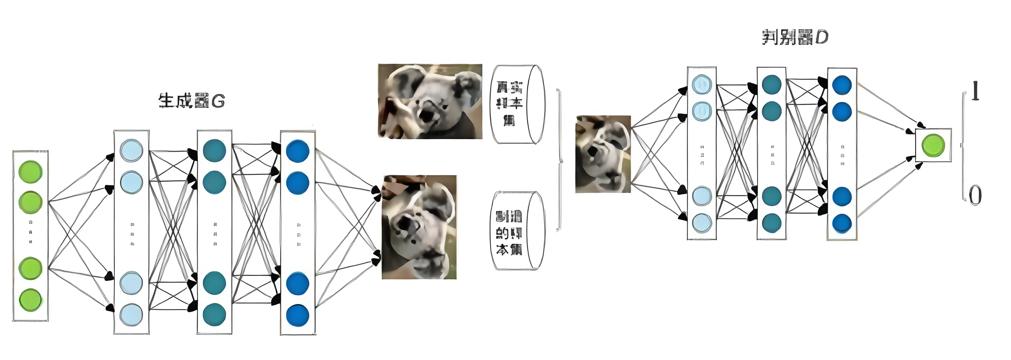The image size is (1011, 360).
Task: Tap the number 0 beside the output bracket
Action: [x=975, y=195]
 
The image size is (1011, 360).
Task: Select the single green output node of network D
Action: [x=933, y=145]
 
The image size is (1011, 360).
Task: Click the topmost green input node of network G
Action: [x=31, y=172]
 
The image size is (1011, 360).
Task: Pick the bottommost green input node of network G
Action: [x=31, y=300]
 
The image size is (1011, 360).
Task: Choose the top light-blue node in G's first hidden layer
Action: [x=131, y=150]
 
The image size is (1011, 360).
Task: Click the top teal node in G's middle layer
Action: [x=214, y=150]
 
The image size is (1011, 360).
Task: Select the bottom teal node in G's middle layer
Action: [x=214, y=314]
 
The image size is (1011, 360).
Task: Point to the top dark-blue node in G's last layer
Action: [x=298, y=151]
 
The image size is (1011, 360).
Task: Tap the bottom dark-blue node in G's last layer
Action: [x=298, y=315]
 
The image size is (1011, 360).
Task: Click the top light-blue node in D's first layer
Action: [x=702, y=84]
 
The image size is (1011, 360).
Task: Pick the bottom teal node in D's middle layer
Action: [x=772, y=223]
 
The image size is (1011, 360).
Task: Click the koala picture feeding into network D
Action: [x=603, y=154]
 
